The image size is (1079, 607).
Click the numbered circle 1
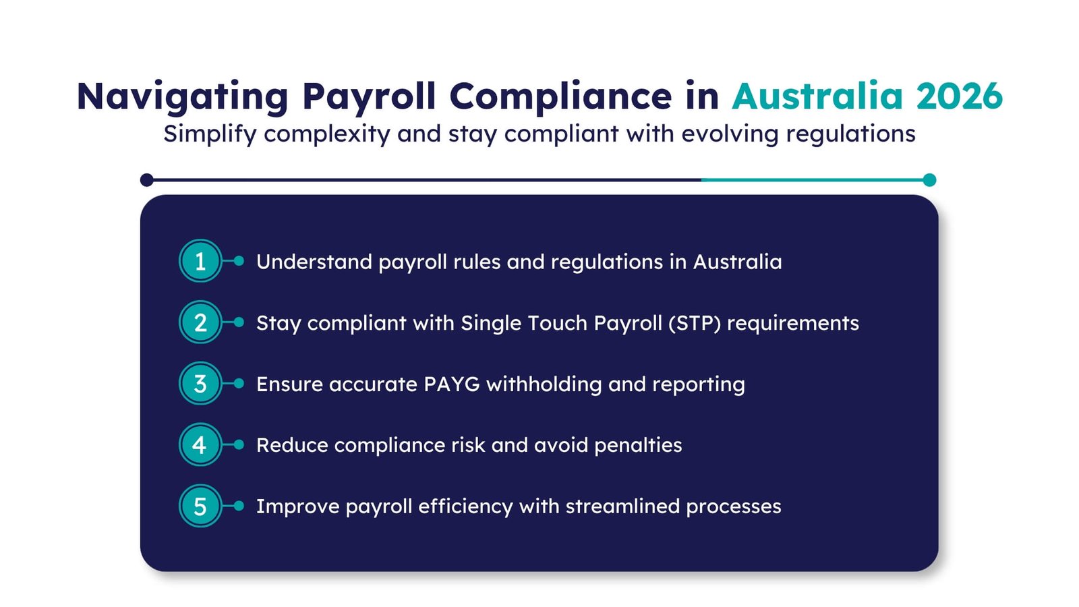pyautogui.click(x=200, y=261)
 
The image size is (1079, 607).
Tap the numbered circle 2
pyautogui.click(x=200, y=322)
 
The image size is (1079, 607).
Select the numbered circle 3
pyautogui.click(x=200, y=384)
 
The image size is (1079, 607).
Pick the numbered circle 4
pyautogui.click(x=200, y=445)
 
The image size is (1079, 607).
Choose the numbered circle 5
pyautogui.click(x=200, y=506)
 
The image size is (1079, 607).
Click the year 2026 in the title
pyautogui.click(x=959, y=96)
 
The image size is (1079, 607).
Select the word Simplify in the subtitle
pyautogui.click(x=210, y=134)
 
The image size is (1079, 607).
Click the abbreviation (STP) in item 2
pyautogui.click(x=695, y=323)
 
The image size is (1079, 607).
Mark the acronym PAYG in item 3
pyautogui.click(x=452, y=384)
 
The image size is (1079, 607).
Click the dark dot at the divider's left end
pyautogui.click(x=147, y=180)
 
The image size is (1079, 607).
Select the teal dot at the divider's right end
pyautogui.click(x=929, y=180)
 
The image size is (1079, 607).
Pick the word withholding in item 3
pyautogui.click(x=544, y=384)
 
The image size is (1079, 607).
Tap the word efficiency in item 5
pyautogui.click(x=465, y=507)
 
